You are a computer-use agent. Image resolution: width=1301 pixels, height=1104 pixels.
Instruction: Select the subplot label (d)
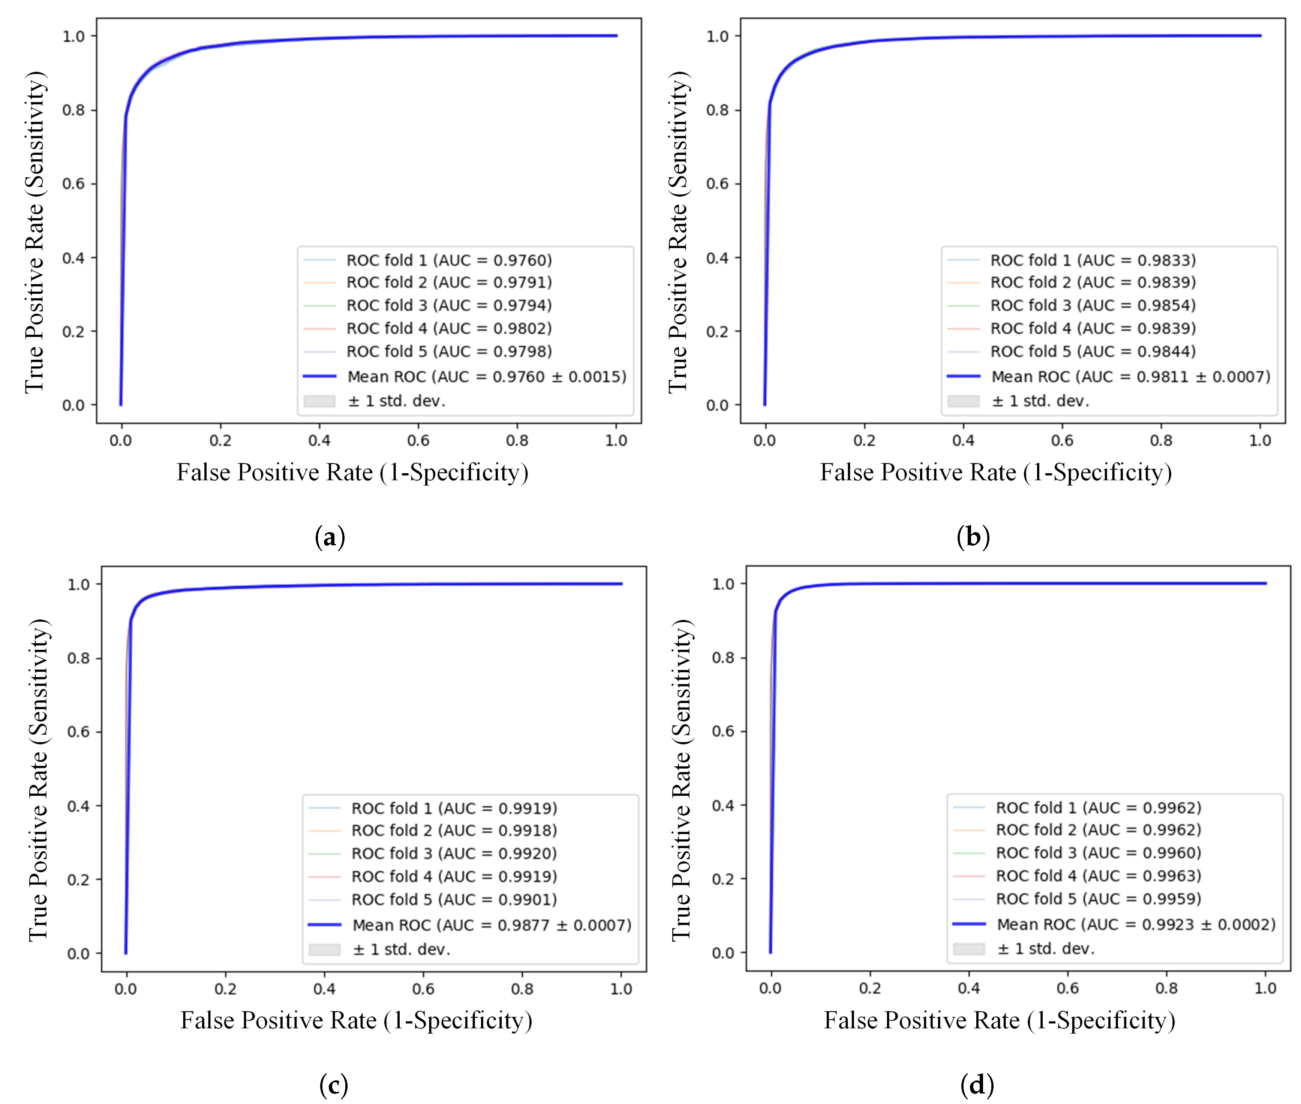pos(977,1085)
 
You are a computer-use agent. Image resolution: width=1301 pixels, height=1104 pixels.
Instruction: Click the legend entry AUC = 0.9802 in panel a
pos(449,329)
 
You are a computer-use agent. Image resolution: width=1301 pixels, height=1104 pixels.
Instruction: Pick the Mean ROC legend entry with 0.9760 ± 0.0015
pos(486,377)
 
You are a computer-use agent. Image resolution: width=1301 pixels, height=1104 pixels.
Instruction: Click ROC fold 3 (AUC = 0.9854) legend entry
pos(1093,305)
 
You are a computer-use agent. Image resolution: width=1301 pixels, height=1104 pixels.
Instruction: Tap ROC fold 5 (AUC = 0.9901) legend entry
pos(454,899)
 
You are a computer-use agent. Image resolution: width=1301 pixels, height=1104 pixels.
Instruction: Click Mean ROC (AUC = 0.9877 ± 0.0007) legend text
pos(492,925)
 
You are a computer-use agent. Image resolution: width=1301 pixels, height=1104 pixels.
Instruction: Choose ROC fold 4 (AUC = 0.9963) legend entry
pos(1098,875)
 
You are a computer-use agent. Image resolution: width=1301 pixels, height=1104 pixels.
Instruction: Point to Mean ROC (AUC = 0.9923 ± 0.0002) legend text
pos(1136,924)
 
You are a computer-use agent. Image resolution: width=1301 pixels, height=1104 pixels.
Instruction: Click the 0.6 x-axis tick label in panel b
pos(1062,441)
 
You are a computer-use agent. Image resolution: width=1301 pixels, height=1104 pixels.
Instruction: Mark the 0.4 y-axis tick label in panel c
pos(78,806)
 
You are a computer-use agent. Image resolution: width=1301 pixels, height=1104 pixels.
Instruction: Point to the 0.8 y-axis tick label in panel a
pos(73,110)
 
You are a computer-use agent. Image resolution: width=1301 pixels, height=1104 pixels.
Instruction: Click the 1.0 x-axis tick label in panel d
pos(1265,988)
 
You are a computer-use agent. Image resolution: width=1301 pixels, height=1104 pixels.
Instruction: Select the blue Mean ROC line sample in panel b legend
pos(963,376)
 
